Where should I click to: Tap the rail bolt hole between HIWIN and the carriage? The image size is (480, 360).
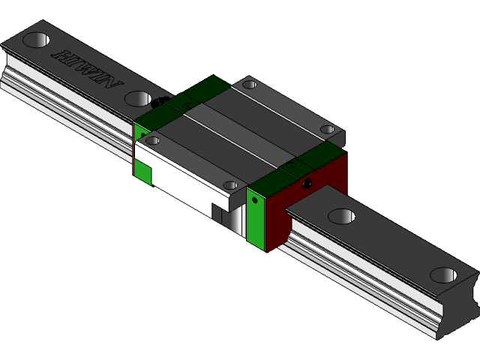[138, 98]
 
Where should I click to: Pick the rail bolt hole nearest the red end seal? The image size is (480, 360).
[341, 217]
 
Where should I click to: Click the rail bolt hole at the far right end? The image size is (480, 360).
[443, 275]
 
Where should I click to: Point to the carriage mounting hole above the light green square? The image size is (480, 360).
[152, 140]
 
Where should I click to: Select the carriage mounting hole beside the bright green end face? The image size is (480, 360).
[230, 184]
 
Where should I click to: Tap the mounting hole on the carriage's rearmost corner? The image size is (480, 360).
[250, 85]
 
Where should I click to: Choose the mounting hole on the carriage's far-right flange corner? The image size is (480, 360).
[327, 130]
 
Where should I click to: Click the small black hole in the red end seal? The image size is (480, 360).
[306, 182]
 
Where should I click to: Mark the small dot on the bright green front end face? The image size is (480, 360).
[254, 200]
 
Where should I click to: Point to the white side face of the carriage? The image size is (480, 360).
[187, 180]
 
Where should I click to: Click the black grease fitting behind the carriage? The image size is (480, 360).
[166, 97]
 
